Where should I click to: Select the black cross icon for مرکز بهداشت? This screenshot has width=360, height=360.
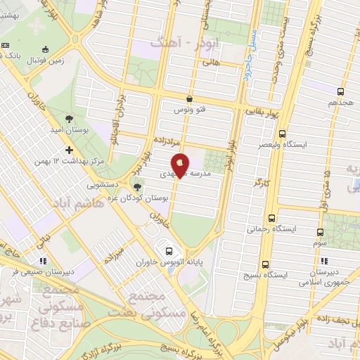[x=69, y=150]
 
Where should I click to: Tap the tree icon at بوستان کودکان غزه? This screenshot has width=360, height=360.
[x=137, y=186]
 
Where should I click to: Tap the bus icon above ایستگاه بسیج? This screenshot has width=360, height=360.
[x=265, y=264]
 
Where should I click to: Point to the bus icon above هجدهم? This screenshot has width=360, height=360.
[x=341, y=91]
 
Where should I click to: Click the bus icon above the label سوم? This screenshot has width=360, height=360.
[x=321, y=231]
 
